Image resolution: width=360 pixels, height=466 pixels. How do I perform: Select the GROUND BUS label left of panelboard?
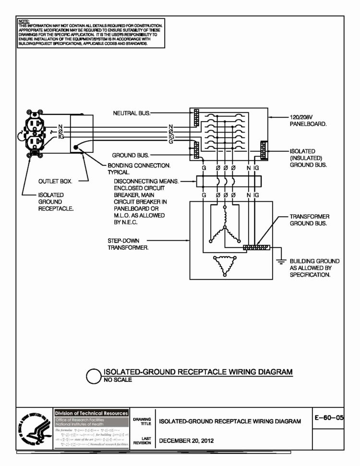[131, 156]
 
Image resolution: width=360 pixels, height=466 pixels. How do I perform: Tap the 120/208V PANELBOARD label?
[308, 120]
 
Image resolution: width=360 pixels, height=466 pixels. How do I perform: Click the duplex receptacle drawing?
[34, 134]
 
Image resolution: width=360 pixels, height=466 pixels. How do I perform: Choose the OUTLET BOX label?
[55, 182]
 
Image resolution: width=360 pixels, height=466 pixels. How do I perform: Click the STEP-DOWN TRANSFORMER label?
[128, 244]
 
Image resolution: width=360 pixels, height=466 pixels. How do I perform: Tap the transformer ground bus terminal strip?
[257, 248]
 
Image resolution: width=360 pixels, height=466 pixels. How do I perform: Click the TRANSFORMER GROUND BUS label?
[309, 220]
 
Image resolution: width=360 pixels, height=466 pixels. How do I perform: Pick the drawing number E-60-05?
[329, 417]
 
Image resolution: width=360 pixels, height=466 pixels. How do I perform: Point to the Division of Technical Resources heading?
[91, 413]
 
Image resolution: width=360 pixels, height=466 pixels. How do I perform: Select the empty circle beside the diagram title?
[94, 376]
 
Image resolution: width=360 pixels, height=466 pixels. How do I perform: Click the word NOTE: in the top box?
[23, 22]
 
